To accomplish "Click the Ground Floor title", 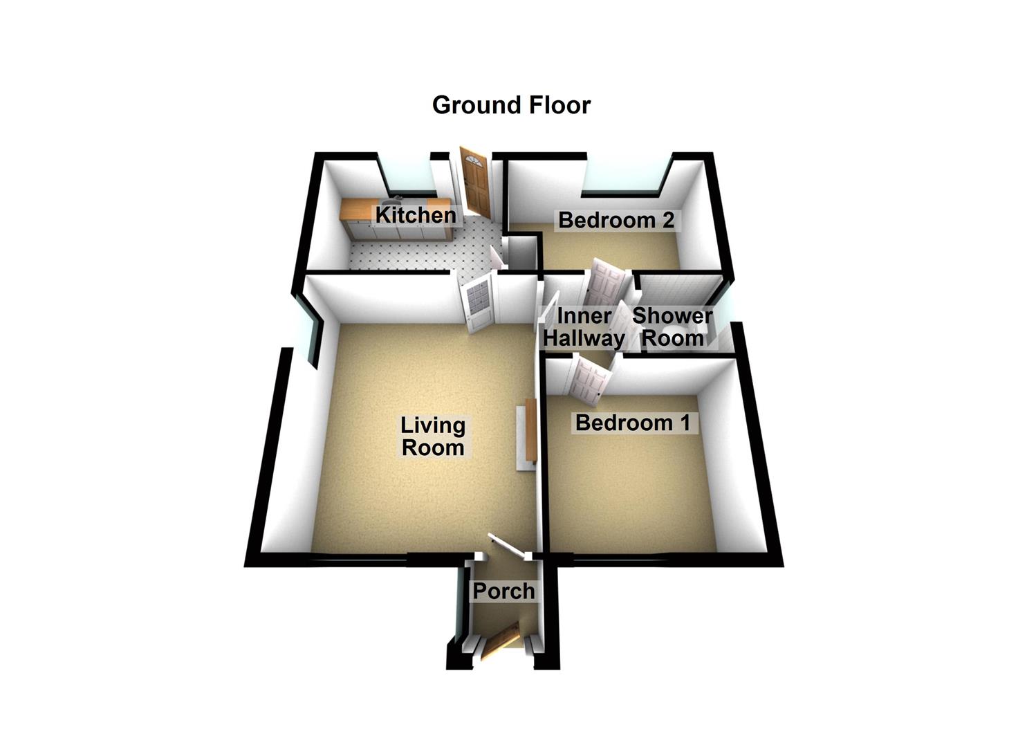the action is pyautogui.click(x=511, y=105).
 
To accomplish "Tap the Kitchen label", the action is pyautogui.click(x=415, y=215).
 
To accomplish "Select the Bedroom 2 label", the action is pyautogui.click(x=616, y=220).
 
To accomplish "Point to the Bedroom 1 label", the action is pyautogui.click(x=632, y=422).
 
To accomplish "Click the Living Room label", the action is pyautogui.click(x=433, y=436).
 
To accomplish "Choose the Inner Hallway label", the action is pyautogui.click(x=584, y=327).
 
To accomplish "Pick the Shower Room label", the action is pyautogui.click(x=672, y=327).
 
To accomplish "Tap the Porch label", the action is pyautogui.click(x=503, y=591).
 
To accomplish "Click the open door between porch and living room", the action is pyautogui.click(x=508, y=547).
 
